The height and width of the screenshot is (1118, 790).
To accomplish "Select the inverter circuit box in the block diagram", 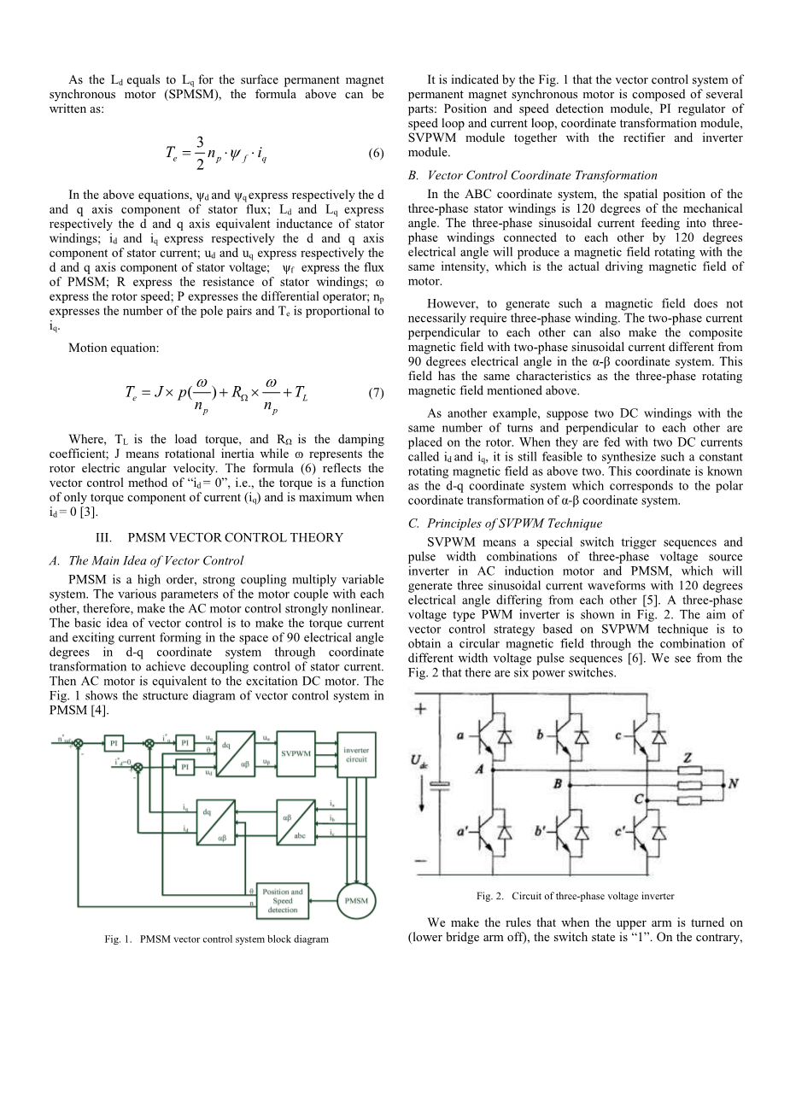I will click(356, 754).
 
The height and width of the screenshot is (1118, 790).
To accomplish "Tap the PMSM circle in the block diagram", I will click(356, 901).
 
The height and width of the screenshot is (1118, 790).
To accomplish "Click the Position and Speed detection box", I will click(282, 900).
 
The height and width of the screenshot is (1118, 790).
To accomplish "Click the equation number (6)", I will click(376, 154).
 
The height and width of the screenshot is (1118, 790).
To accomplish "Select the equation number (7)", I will click(376, 393).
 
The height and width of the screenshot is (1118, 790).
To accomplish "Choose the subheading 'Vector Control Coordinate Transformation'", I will click(533, 175).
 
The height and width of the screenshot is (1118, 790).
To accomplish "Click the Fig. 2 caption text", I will click(575, 896).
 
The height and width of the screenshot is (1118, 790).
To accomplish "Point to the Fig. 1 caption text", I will click(216, 939).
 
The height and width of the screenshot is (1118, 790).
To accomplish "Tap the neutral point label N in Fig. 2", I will click(732, 782).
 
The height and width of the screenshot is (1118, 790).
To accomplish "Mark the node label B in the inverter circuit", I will click(557, 783).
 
